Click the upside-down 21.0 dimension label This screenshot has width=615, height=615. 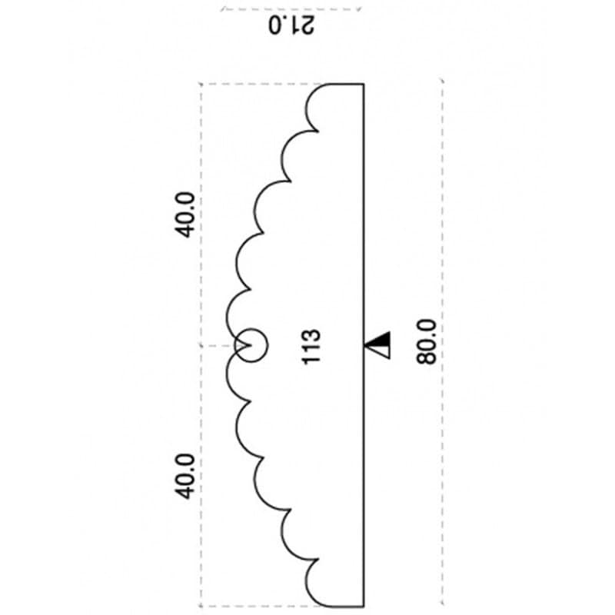[x=291, y=26]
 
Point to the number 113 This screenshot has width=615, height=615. [x=312, y=347]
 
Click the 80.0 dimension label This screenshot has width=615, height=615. [x=427, y=342]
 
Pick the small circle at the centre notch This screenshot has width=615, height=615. [x=252, y=345]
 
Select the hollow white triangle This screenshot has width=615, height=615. [x=378, y=352]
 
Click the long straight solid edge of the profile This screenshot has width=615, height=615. [x=363, y=345]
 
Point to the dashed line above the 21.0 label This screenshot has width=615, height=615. [x=291, y=9]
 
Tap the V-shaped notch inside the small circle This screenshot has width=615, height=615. [x=244, y=345]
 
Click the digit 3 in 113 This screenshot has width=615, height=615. [x=312, y=337]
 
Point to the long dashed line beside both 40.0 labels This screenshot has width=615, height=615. [x=201, y=345]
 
